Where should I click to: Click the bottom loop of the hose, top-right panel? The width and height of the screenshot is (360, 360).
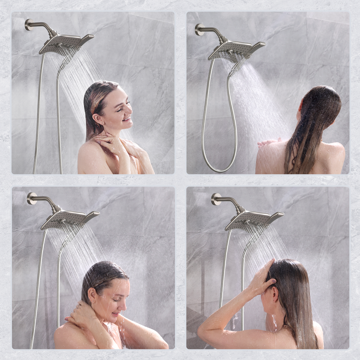220,168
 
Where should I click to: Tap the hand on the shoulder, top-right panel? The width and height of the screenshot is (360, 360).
268,142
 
